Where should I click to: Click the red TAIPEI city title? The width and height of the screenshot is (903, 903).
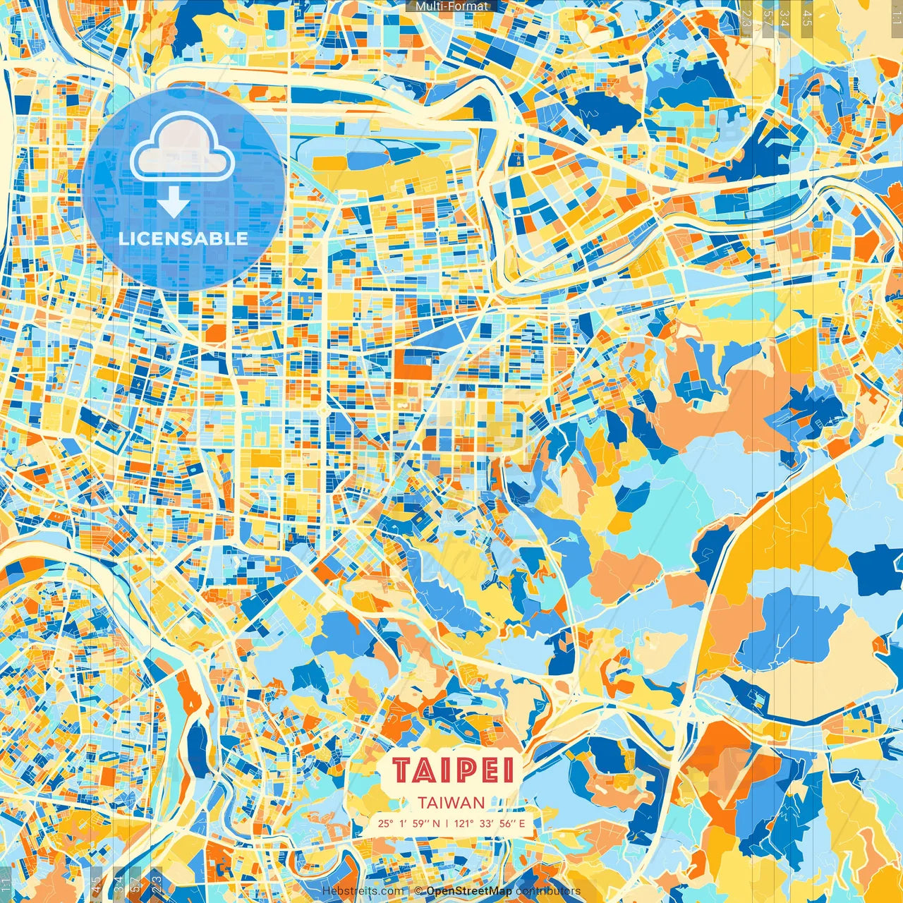[453, 770]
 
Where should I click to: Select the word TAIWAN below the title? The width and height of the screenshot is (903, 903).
[451, 803]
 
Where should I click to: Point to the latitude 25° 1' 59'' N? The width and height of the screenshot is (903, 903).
[408, 823]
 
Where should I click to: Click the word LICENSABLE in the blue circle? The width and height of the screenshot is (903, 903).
[183, 238]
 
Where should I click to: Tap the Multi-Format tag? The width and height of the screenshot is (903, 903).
[451, 6]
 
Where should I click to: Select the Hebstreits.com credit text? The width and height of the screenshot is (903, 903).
[363, 892]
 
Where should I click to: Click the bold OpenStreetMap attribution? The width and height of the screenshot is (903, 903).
[469, 892]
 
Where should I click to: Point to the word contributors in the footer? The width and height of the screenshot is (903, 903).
[548, 892]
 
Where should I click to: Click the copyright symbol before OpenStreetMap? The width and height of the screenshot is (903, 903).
[418, 892]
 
